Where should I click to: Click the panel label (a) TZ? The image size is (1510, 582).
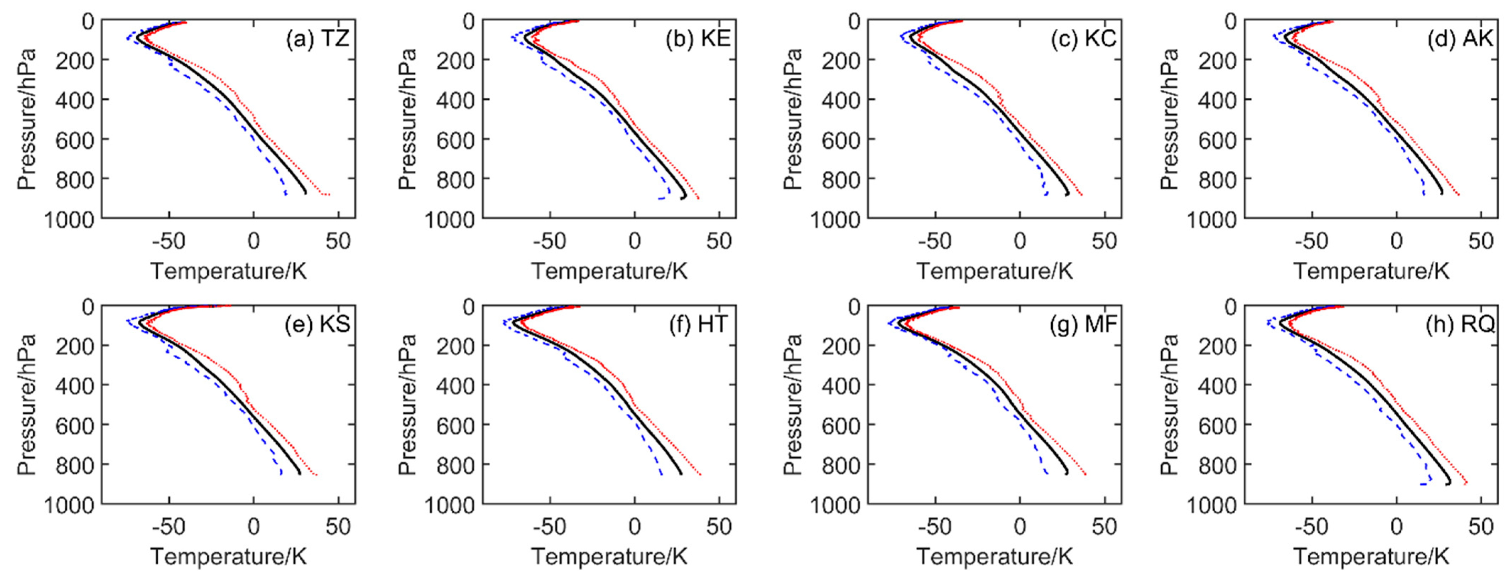tap(317, 39)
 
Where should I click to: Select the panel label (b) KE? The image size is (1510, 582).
tap(698, 39)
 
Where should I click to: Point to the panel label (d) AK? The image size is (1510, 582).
tap(1460, 39)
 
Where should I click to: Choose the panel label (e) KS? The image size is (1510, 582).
tap(317, 324)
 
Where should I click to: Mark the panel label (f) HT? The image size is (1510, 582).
tap(698, 324)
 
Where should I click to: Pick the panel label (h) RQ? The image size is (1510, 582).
tap(1460, 324)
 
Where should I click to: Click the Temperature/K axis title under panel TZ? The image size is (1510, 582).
tap(229, 271)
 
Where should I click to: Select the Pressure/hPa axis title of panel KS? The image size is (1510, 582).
tap(26, 404)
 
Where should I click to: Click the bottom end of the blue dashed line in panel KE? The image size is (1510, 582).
tap(659, 199)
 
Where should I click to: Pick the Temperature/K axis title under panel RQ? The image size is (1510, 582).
tap(1371, 556)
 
